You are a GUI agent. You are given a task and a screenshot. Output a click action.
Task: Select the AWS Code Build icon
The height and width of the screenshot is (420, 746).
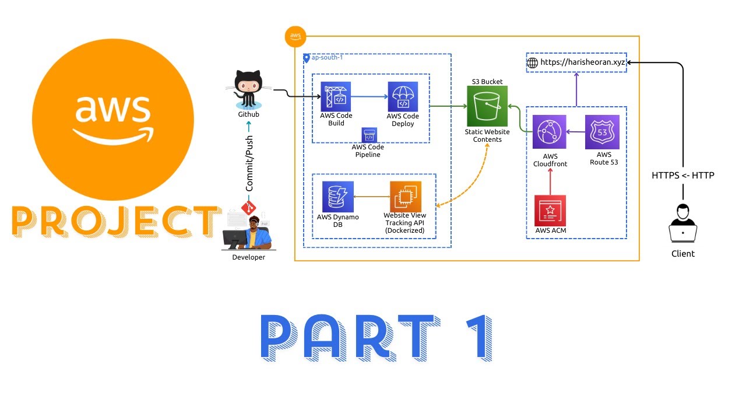(336, 97)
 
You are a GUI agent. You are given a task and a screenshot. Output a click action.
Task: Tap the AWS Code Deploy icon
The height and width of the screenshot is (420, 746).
(403, 97)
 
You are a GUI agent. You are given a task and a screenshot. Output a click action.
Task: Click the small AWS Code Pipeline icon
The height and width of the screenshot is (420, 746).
(369, 135)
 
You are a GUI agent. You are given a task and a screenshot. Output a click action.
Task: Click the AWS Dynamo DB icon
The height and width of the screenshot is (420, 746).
(338, 197)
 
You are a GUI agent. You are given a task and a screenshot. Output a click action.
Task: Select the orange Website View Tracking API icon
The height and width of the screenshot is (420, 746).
(405, 197)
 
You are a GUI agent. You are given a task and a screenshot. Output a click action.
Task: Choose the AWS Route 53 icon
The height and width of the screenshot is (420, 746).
(603, 132)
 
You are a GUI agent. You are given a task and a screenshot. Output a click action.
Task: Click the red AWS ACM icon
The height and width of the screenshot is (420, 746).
(550, 211)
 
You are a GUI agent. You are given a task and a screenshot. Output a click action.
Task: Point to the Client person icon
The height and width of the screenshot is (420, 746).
(682, 223)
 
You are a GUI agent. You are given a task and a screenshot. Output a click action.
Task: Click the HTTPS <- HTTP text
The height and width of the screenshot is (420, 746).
(682, 175)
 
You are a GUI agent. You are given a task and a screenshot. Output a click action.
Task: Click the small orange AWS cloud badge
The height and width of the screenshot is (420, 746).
(295, 37)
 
